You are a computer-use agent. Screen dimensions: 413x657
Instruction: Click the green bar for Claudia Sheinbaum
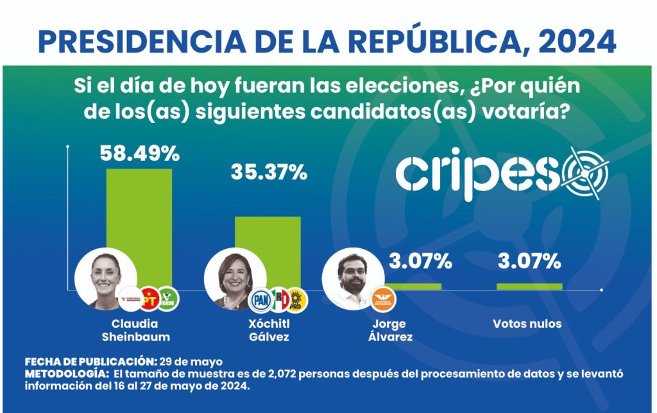pyautogui.click(x=139, y=218)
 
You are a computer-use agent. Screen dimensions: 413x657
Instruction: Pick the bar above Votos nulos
pyautogui.click(x=529, y=286)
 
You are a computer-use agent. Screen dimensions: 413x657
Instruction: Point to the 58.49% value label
pyautogui.click(x=139, y=153)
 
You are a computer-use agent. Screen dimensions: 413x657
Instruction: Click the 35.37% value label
pyautogui.click(x=268, y=173)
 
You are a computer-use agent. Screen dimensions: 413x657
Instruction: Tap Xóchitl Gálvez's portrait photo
pyautogui.click(x=231, y=279)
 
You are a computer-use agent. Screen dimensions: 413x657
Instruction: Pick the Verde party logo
pyautogui.click(x=168, y=298)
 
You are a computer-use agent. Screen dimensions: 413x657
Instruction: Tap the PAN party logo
pyautogui.click(x=261, y=298)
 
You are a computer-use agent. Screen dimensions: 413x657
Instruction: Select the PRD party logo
pyautogui.click(x=298, y=298)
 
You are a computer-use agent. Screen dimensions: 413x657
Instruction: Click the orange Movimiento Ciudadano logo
pyautogui.click(x=384, y=298)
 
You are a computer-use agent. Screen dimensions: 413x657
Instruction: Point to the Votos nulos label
pyautogui.click(x=527, y=324)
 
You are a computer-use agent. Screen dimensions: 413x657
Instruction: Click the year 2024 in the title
pyautogui.click(x=577, y=41)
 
